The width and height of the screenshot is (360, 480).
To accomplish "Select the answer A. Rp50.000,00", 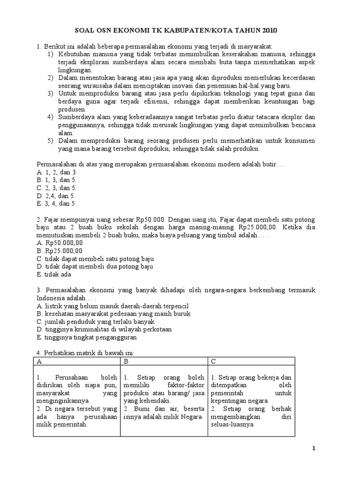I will pyautogui.click(x=60, y=243).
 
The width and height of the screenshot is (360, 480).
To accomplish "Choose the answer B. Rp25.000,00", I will pyautogui.click(x=60, y=251).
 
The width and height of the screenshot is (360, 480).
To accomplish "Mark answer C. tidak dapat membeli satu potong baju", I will pyautogui.click(x=95, y=259).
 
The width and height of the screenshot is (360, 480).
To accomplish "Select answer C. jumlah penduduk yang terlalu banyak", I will pyautogui.click(x=95, y=322).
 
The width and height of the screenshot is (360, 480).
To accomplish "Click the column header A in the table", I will pyautogui.click(x=39, y=362).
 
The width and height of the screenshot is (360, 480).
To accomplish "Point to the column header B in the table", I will pyautogui.click(x=126, y=362).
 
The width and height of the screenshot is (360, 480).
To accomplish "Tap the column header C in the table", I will pyautogui.click(x=213, y=362).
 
